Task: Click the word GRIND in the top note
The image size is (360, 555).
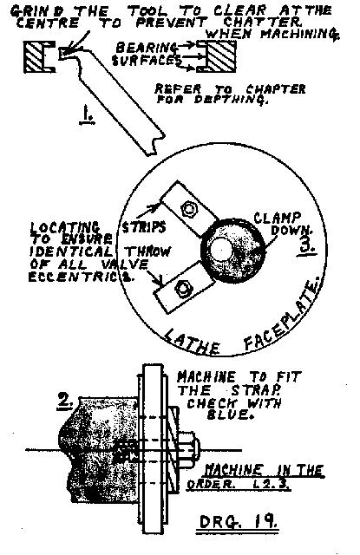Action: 32,11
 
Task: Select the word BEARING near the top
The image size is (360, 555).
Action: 147,48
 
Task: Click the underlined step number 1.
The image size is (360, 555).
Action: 87,116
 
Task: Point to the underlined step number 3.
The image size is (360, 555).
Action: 308,245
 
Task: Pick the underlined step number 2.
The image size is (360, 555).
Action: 65,402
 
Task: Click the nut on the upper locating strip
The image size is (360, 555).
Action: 187,209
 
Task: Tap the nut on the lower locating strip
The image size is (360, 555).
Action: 183,288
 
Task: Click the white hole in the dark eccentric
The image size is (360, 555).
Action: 220,250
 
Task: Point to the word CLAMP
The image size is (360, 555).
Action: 278,218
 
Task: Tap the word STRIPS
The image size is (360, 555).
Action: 143,227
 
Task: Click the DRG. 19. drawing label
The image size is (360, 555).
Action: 238,522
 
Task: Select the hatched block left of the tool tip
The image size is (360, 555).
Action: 40,57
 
